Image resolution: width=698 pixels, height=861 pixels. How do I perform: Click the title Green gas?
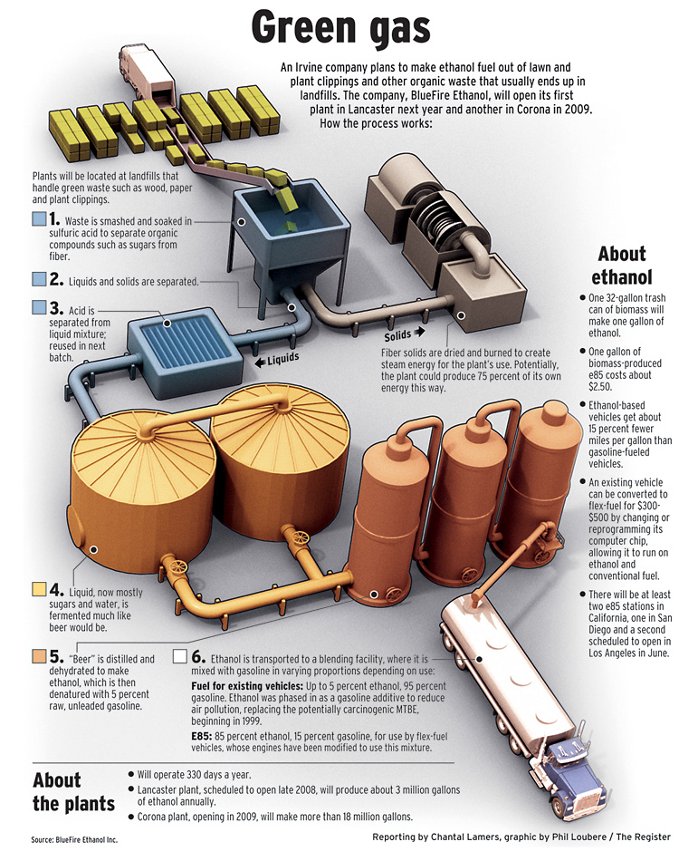click(x=341, y=27)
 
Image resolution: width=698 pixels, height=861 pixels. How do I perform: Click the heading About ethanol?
click(x=622, y=266)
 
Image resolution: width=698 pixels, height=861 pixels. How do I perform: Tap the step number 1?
click(x=54, y=219)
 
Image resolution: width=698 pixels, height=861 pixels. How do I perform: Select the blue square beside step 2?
click(x=39, y=279)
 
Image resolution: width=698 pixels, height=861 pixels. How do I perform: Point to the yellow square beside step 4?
click(x=39, y=589)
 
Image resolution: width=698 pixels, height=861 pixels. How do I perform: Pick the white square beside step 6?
click(x=180, y=656)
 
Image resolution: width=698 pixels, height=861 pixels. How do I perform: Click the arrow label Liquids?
click(x=278, y=360)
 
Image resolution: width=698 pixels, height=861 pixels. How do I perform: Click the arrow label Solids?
click(x=404, y=334)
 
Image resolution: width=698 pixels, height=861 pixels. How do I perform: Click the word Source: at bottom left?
click(x=43, y=839)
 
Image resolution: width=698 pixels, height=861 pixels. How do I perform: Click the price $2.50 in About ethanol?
click(x=600, y=387)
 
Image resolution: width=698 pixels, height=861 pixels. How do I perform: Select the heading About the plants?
click(x=73, y=791)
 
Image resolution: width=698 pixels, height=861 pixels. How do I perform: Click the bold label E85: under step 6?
click(x=201, y=736)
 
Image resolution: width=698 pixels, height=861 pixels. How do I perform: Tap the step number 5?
click(x=56, y=657)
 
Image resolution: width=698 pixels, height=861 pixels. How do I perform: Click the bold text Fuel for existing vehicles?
click(x=247, y=686)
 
